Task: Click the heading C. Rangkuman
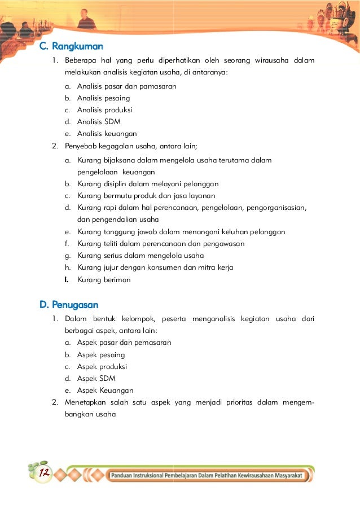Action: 71,46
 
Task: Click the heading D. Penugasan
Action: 69,305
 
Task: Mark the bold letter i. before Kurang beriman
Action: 67,279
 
